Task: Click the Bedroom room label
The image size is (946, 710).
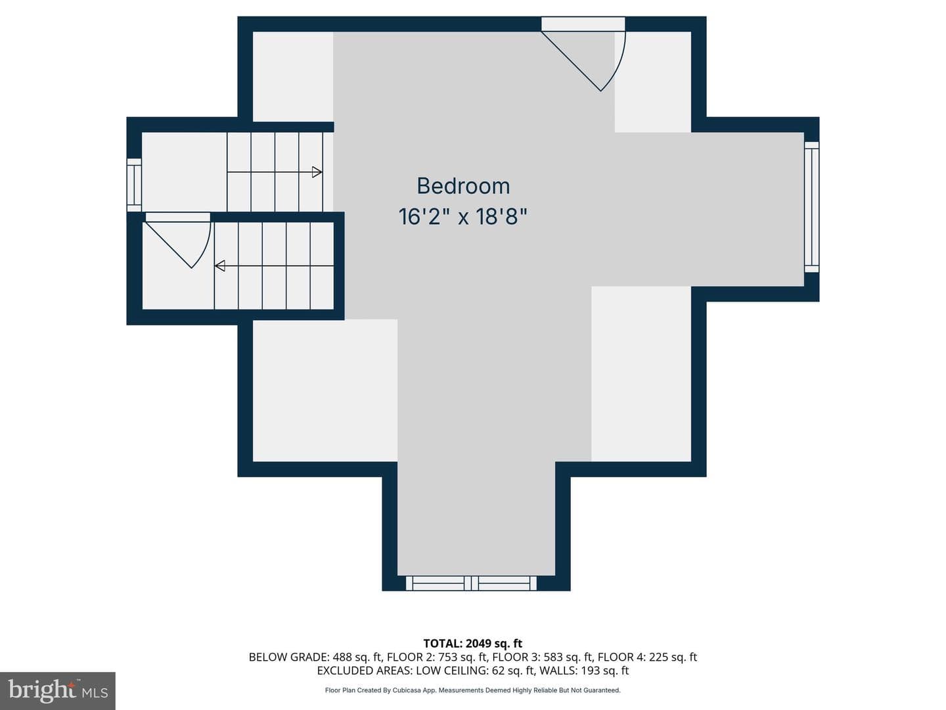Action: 463,186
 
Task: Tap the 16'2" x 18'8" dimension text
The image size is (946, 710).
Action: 463,216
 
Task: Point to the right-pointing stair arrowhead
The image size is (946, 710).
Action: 317,172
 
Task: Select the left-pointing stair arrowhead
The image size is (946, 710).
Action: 220,266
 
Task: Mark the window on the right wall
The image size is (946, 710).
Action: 811,207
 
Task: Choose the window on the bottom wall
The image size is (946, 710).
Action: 471,583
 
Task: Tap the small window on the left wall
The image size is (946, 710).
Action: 133,185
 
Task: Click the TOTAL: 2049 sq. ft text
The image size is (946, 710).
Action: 473,643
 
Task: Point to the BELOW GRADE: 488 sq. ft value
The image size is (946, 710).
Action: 315,657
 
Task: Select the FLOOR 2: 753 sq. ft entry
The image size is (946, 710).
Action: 437,657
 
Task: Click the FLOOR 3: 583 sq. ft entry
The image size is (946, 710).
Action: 543,657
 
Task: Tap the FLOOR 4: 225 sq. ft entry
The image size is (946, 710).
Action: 647,657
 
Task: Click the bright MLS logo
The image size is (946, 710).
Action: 58,690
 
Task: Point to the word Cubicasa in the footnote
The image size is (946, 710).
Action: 407,690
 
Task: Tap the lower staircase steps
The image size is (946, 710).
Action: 274,266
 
